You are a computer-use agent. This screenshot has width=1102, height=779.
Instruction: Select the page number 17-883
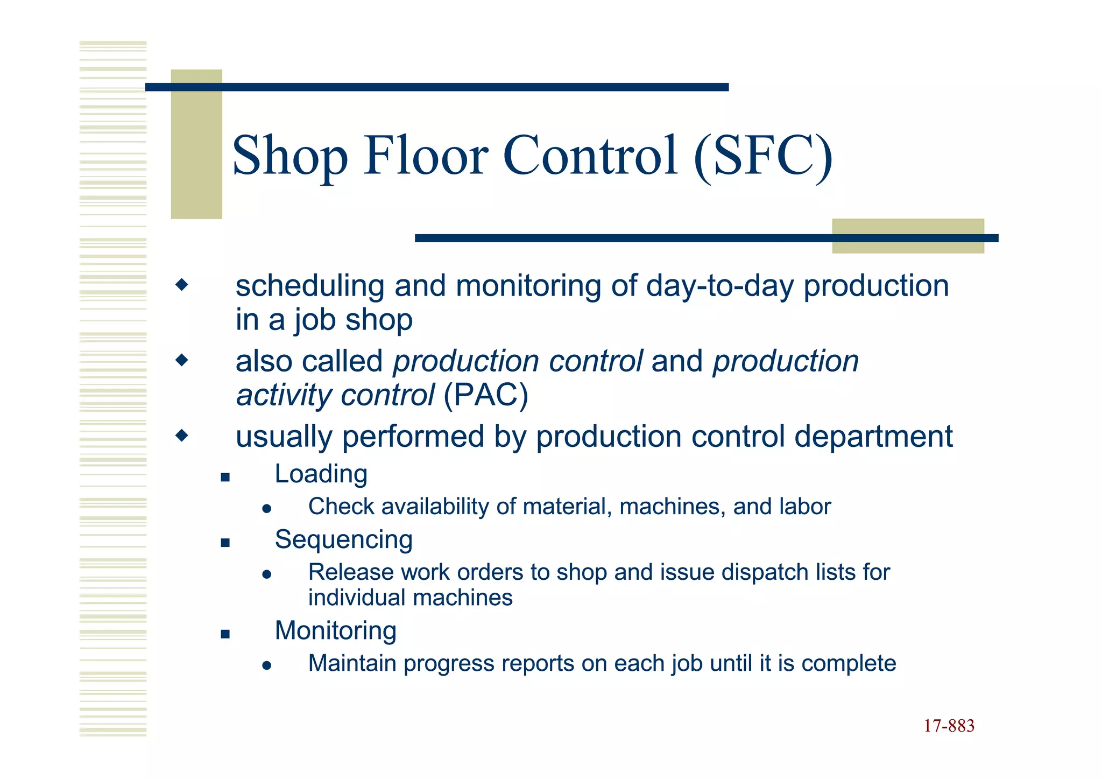click(949, 726)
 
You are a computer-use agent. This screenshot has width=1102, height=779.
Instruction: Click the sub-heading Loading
click(321, 474)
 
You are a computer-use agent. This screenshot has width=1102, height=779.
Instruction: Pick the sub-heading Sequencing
click(343, 540)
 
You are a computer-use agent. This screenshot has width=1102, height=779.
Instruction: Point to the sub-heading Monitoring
click(335, 631)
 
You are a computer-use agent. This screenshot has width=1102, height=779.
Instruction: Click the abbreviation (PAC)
click(485, 395)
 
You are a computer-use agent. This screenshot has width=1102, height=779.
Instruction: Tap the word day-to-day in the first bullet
click(719, 286)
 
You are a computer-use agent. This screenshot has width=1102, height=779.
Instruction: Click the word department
click(873, 437)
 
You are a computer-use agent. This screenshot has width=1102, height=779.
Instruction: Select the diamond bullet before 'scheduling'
click(182, 284)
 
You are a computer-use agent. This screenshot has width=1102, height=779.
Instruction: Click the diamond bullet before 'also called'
click(182, 360)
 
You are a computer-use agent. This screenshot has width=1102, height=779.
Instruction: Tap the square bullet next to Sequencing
click(225, 543)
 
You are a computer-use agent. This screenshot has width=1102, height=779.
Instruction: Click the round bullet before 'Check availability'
click(266, 509)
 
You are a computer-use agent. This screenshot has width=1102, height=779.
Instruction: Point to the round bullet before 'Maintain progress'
click(266, 665)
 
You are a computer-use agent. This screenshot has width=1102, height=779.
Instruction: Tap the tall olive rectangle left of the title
click(196, 144)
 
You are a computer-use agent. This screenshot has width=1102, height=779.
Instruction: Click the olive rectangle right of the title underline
click(908, 236)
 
